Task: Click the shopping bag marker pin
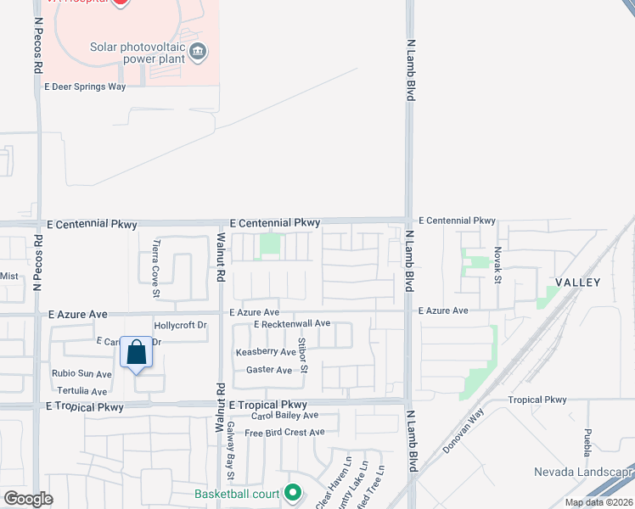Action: coord(136,353)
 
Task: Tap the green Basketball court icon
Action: coord(293,492)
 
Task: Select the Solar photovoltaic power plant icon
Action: coord(198,52)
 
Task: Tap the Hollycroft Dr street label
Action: coord(181,325)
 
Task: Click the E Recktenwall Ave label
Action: coord(291,323)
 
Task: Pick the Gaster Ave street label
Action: coord(269,370)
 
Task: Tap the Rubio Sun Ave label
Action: coord(81,374)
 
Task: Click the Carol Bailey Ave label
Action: coord(284,415)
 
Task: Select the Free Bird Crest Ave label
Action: coord(284,433)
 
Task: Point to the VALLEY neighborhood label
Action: coord(578,282)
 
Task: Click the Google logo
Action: coord(28,499)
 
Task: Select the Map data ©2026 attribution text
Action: coord(598,502)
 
